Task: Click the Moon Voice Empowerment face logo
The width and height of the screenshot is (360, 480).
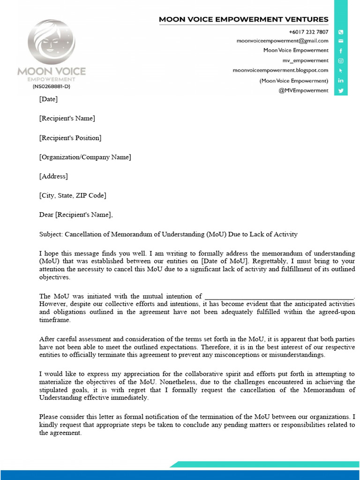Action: (x=51, y=43)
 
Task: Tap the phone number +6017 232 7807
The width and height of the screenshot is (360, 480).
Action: (x=308, y=32)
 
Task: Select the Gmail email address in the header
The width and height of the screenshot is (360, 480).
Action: (x=282, y=41)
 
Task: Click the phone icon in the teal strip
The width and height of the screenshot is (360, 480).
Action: (x=341, y=32)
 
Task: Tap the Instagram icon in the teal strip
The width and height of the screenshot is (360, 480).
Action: (x=341, y=60)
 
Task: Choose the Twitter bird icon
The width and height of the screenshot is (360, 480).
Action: (x=341, y=90)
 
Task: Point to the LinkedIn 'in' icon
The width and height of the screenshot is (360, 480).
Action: (x=341, y=81)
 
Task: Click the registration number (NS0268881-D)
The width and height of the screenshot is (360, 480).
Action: (x=51, y=86)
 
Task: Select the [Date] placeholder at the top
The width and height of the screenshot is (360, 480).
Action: (x=48, y=99)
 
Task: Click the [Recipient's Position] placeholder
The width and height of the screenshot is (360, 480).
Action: (x=70, y=138)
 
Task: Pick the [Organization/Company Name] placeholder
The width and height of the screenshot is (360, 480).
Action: (x=85, y=157)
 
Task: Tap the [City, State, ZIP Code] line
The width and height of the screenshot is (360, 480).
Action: (x=72, y=195)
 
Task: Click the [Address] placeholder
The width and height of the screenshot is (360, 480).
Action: (x=53, y=176)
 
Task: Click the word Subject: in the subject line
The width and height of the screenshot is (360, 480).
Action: (x=51, y=234)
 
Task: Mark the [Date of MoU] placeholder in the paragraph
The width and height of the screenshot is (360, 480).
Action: (x=224, y=261)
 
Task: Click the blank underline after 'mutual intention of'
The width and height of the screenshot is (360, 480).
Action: (x=279, y=297)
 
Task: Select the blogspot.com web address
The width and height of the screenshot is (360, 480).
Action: (x=280, y=70)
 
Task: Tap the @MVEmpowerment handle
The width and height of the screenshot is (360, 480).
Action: (x=303, y=90)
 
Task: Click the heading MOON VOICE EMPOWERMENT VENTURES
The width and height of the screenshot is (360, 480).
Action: (x=243, y=20)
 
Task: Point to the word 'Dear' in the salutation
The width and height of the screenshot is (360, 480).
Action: (x=46, y=215)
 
